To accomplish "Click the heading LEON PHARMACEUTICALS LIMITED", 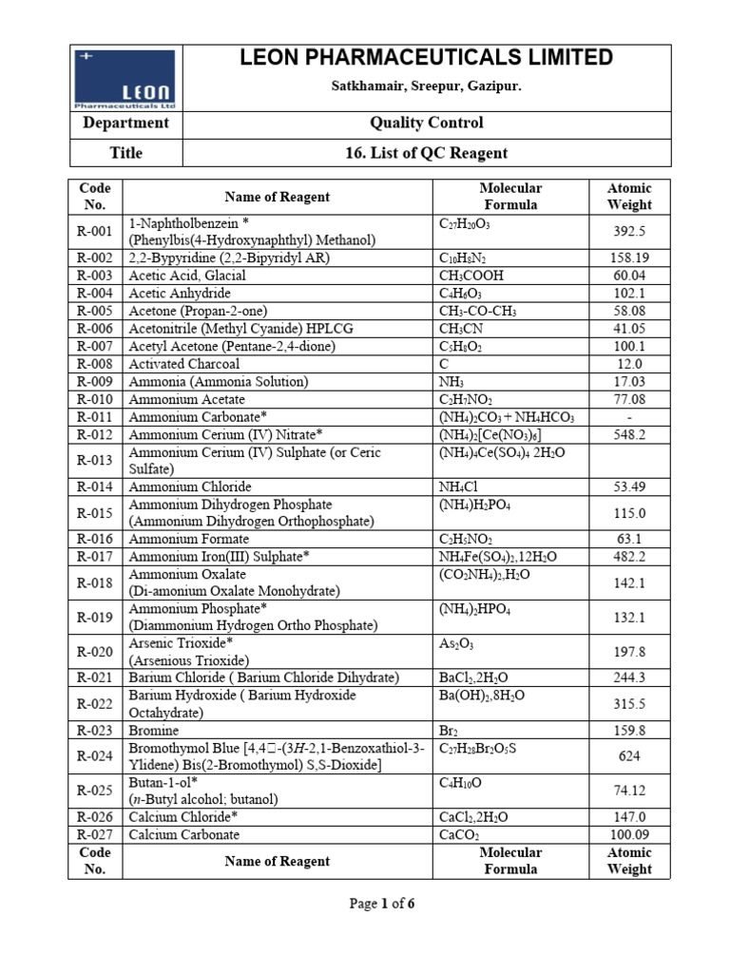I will click(426, 59).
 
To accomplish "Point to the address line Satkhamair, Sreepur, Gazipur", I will click(426, 86).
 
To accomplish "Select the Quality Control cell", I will click(426, 123).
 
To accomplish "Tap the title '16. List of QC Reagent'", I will click(426, 153).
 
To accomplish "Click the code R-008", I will click(95, 364).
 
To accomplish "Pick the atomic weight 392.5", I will click(628, 231).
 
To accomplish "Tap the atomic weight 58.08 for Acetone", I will click(628, 311).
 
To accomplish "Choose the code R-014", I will click(95, 487).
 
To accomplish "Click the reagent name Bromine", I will click(155, 730).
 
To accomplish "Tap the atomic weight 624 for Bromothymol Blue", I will click(628, 756).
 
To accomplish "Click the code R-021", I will click(95, 677).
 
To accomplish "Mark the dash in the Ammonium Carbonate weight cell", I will click(628, 417).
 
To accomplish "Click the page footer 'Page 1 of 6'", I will click(382, 904).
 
